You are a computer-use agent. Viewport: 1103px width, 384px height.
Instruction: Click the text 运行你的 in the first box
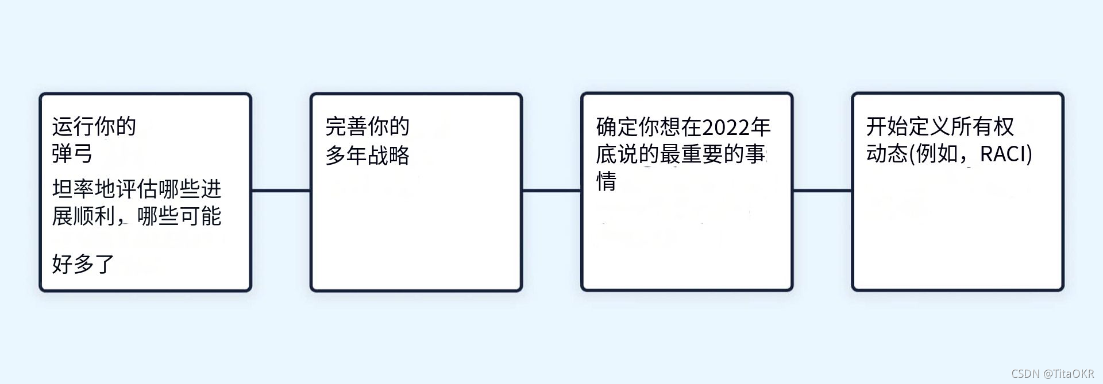[94, 126]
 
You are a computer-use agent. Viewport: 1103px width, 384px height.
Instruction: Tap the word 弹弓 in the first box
[72, 154]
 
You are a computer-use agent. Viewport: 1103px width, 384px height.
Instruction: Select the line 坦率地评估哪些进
[137, 189]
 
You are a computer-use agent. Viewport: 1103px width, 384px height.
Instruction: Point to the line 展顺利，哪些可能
[137, 216]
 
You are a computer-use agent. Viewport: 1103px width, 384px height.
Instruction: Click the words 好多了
[83, 264]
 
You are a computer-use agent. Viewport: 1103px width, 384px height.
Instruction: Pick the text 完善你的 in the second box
[367, 126]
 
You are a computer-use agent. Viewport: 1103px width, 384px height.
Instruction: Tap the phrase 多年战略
[367, 155]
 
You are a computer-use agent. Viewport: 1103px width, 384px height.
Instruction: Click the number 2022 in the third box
[726, 127]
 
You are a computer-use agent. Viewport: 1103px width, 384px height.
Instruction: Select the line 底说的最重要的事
[681, 154]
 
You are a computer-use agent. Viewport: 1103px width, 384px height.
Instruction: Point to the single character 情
[607, 181]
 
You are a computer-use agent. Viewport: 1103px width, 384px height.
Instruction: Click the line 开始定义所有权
[940, 126]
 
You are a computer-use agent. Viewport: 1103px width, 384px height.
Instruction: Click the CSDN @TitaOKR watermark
[1052, 374]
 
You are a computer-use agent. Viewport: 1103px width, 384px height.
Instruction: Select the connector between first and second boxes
[281, 191]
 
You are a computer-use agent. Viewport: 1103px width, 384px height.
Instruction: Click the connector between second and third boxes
[551, 191]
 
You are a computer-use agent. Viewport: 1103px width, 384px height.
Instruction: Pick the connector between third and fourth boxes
[822, 191]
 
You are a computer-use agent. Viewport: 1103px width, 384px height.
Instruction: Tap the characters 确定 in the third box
[617, 127]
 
